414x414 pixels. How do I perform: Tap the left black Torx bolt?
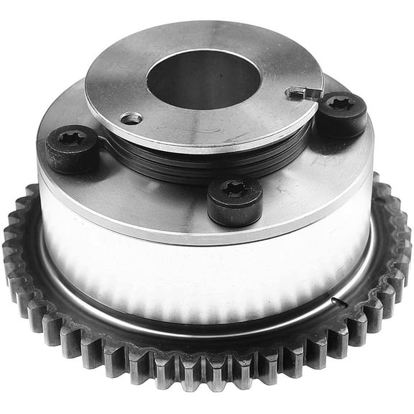(x=72, y=148)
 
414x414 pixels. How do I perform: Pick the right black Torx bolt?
(x=341, y=114)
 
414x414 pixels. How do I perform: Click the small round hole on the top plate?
(x=131, y=118)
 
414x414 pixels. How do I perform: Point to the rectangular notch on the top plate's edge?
(x=301, y=93)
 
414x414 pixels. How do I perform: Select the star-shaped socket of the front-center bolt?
(x=234, y=188)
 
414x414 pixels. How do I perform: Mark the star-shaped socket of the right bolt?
(x=343, y=104)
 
